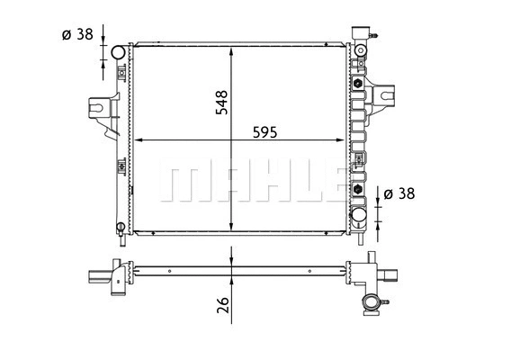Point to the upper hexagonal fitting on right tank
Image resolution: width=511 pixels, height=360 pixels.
pyautogui.click(x=357, y=84)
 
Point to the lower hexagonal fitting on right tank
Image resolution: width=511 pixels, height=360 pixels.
pyautogui.click(x=357, y=190)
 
